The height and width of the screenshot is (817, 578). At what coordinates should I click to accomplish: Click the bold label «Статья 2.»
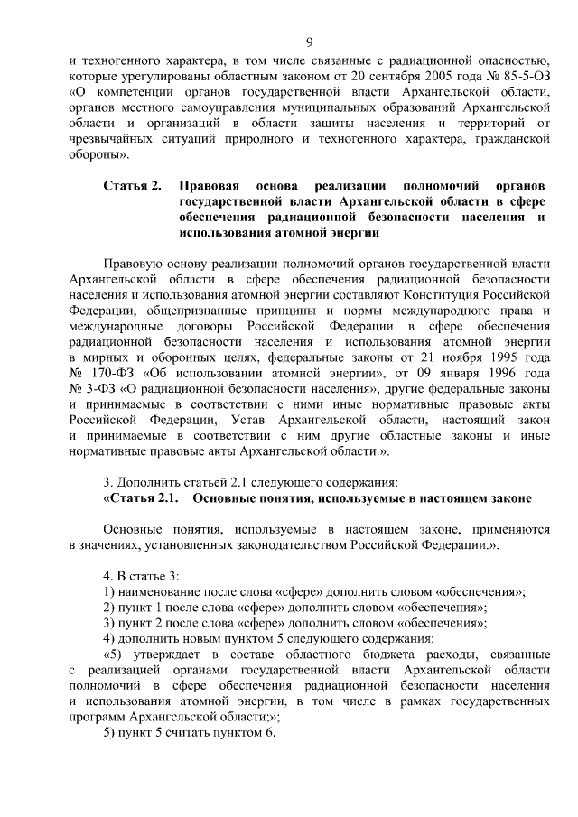132,185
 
